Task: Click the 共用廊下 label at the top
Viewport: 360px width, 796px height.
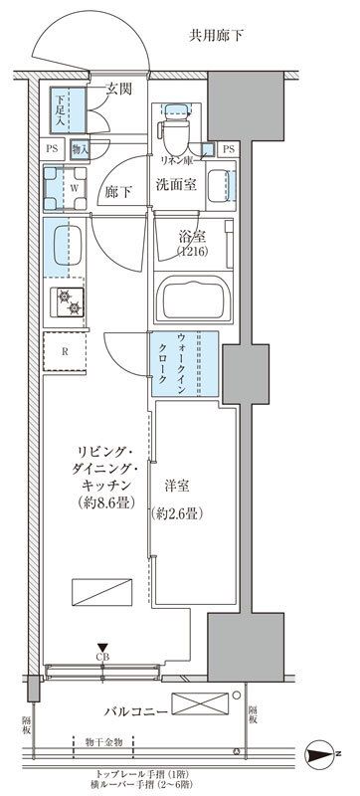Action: (x=217, y=37)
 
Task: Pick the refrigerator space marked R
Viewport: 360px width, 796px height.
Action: (x=63, y=350)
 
